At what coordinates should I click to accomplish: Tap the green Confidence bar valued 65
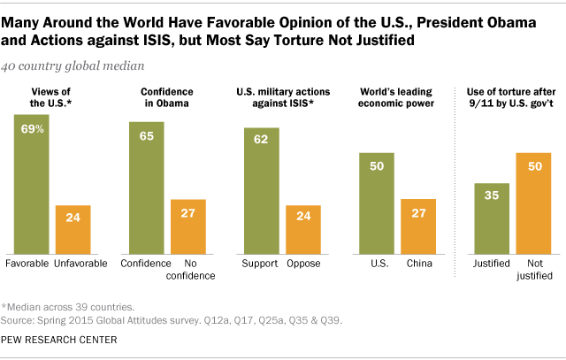coord(146,188)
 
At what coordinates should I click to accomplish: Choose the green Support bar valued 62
coord(262,191)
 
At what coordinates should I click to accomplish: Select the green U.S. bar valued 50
coord(377,203)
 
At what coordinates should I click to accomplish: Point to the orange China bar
coord(418,227)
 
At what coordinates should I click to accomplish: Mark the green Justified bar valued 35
coord(493,218)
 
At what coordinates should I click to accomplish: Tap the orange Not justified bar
coord(534,203)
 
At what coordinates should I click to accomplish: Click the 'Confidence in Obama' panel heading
coord(166,97)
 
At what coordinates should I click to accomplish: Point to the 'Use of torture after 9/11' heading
coord(511,97)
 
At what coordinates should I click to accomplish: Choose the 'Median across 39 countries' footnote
coord(71,305)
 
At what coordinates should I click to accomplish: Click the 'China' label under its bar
coord(418,264)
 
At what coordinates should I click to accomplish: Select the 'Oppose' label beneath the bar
coord(302,264)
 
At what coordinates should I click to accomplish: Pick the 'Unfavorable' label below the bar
coord(73,264)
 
